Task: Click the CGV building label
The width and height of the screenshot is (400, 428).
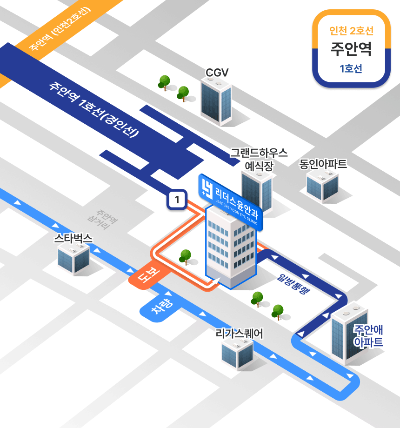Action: (x=217, y=73)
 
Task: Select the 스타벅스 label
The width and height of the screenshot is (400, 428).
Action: (x=73, y=239)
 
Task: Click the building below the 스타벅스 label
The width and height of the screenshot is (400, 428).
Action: (x=73, y=259)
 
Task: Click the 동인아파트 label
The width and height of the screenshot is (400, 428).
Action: (x=323, y=164)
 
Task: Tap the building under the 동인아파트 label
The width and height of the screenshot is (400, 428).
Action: (x=322, y=185)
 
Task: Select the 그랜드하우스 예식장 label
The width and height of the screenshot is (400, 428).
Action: (x=259, y=159)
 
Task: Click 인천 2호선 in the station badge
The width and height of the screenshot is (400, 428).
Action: (x=351, y=31)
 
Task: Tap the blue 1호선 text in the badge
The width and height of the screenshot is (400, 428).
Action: (x=351, y=69)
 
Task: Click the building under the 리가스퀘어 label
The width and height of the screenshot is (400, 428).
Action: (x=238, y=354)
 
